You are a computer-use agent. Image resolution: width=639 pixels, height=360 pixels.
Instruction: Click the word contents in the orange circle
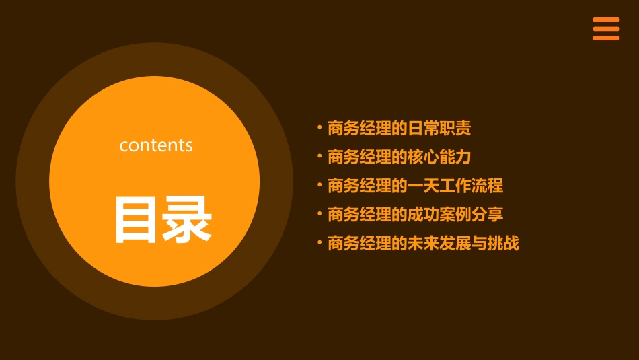tap(156, 145)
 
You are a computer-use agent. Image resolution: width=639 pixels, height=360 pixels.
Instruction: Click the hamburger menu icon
tap(606, 29)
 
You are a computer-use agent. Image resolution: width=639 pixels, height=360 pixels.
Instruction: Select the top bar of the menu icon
tap(606, 20)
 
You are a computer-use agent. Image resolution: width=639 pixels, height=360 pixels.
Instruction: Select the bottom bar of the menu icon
tap(606, 38)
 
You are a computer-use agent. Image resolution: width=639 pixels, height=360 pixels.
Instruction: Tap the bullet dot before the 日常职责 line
tap(319, 127)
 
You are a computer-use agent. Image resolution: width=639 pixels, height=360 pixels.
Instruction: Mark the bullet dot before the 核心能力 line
tap(319, 155)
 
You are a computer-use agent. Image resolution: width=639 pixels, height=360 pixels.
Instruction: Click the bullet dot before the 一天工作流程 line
tap(319, 184)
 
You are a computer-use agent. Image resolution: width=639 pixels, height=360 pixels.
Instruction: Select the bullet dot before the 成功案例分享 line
tap(319, 213)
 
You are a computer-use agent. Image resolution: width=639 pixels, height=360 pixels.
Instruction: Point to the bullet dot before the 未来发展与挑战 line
tap(319, 242)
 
